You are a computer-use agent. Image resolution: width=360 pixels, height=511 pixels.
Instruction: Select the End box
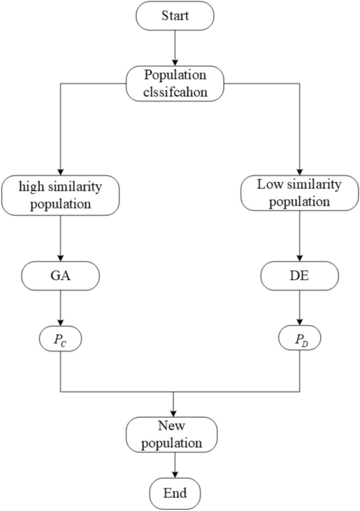coord(176,493)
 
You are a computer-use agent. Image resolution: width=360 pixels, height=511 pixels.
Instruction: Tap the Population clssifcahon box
coord(176,83)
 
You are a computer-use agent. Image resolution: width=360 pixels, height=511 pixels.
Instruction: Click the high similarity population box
coord(60,194)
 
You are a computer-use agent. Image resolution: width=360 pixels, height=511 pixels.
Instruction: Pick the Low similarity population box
coord(299,195)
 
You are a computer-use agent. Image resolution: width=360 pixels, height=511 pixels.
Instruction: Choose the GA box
coord(60,275)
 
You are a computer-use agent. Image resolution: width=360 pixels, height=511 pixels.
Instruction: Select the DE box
coord(299,275)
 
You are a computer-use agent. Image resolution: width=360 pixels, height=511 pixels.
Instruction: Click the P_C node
coord(60,339)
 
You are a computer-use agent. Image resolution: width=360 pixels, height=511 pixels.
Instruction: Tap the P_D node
coord(299,339)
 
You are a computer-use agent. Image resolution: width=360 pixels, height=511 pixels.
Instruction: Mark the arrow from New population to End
coord(176,465)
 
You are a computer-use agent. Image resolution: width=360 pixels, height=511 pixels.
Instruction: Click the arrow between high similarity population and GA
coord(60,238)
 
